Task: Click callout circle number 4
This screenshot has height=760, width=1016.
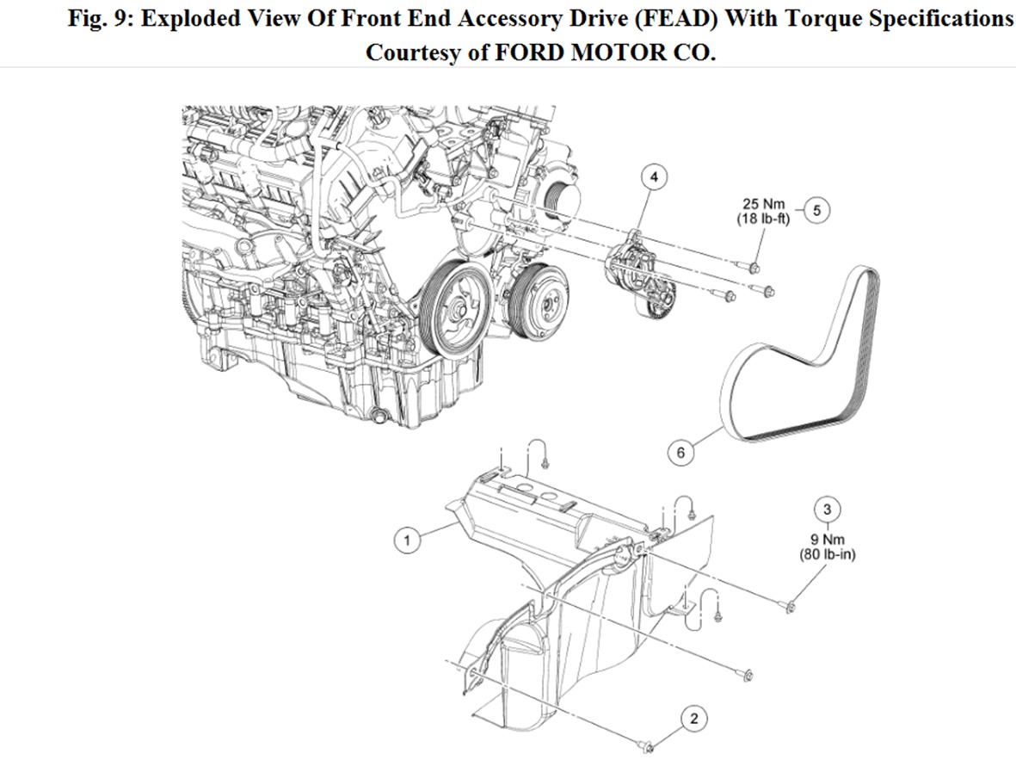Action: click(x=654, y=177)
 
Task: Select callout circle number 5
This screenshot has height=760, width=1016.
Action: click(x=817, y=209)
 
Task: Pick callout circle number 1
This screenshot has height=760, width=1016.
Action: click(x=407, y=541)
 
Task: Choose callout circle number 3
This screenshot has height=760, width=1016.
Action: click(x=828, y=508)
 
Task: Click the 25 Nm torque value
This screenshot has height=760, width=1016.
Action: click(x=764, y=204)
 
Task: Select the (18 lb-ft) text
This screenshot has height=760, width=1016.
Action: click(x=763, y=219)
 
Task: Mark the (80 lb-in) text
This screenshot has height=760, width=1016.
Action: click(x=828, y=554)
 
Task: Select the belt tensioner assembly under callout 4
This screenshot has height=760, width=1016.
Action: click(x=641, y=275)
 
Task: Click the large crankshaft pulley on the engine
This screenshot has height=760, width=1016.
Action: click(x=455, y=311)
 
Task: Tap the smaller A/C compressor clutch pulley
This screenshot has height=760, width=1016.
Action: click(x=535, y=297)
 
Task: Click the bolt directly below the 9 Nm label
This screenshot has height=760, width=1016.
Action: click(x=792, y=608)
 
